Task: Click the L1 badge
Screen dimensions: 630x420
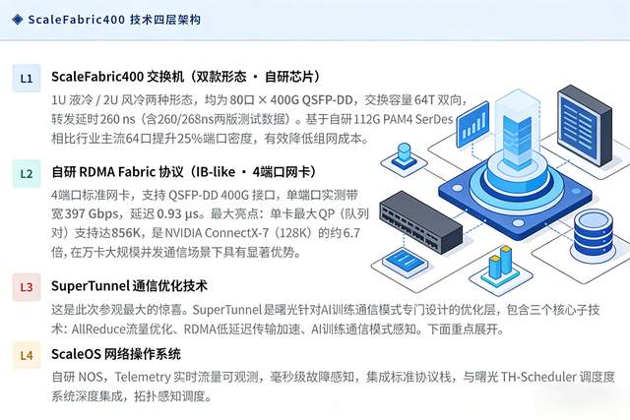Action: click(x=27, y=77)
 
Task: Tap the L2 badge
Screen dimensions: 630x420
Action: click(x=27, y=174)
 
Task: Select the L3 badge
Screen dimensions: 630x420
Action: click(x=27, y=287)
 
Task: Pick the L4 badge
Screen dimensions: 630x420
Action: click(x=27, y=354)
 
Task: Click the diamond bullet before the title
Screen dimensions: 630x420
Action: click(x=18, y=19)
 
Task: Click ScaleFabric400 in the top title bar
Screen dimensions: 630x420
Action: click(x=74, y=19)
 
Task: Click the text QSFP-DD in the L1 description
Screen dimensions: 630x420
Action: click(x=315, y=100)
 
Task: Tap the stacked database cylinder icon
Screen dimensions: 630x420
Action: click(x=590, y=232)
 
